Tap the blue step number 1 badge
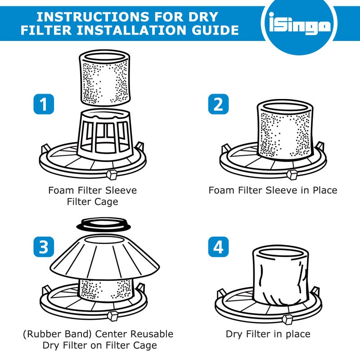(44, 104)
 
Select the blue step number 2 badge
(218, 104)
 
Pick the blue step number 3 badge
(44, 247)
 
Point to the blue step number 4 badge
(218, 247)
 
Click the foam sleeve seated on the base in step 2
(284, 130)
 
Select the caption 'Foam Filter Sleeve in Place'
(273, 190)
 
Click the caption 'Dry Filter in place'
(268, 334)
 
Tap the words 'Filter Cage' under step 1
(92, 202)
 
